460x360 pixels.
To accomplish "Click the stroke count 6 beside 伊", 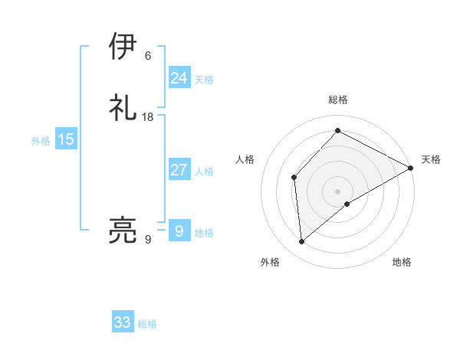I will click(x=148, y=56).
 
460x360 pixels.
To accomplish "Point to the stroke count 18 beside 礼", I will click(x=149, y=117).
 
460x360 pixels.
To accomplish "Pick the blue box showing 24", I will click(x=179, y=78).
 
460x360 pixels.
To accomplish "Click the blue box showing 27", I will click(x=179, y=170).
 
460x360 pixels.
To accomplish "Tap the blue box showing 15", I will click(x=66, y=139).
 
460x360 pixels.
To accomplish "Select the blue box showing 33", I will click(x=123, y=322).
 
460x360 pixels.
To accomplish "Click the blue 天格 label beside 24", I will click(x=204, y=80).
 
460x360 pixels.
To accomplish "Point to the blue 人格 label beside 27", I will click(x=204, y=172).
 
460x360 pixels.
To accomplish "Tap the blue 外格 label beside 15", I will click(x=41, y=141).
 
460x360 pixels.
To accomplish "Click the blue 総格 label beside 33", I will click(x=147, y=324).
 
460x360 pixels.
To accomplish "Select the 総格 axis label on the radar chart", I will click(x=337, y=100).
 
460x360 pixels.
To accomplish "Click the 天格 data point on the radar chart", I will click(x=411, y=169).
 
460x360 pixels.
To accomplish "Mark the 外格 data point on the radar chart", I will click(x=302, y=242).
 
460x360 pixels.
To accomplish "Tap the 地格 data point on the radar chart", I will click(x=347, y=204).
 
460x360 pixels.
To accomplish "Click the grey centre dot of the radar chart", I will click(x=337, y=191).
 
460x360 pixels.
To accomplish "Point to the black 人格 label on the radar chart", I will click(x=245, y=159).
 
